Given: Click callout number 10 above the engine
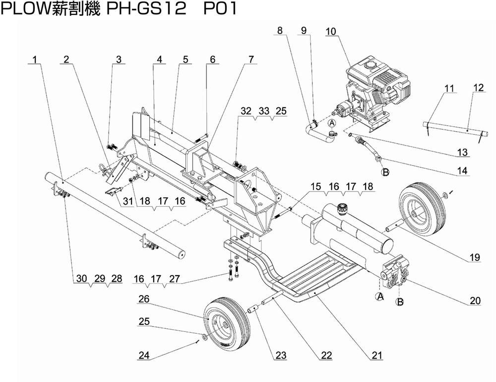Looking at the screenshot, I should pyautogui.click(x=331, y=31).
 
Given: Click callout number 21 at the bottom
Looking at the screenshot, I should pyautogui.click(x=377, y=355).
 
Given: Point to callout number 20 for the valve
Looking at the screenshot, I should pyautogui.click(x=475, y=301).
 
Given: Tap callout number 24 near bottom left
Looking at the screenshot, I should pyautogui.click(x=143, y=355).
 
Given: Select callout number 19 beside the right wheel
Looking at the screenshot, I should pyautogui.click(x=476, y=257).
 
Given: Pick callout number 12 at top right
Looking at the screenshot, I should pyautogui.click(x=478, y=87).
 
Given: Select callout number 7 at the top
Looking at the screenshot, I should pyautogui.click(x=251, y=60).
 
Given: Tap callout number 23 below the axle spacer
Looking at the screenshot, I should pyautogui.click(x=281, y=355).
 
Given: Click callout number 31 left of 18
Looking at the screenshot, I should pyautogui.click(x=128, y=201).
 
